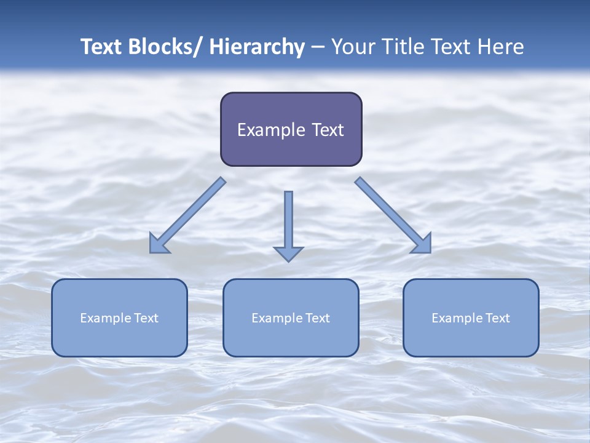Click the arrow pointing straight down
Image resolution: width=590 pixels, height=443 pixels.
(288, 221)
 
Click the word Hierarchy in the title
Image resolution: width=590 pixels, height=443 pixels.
(256, 47)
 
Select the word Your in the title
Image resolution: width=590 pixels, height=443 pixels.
(353, 47)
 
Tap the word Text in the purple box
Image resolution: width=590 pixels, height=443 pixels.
(328, 130)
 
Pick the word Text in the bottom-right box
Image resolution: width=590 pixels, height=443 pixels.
(497, 318)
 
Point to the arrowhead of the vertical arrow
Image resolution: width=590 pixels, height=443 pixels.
(288, 253)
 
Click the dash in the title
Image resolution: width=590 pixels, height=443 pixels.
(318, 47)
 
